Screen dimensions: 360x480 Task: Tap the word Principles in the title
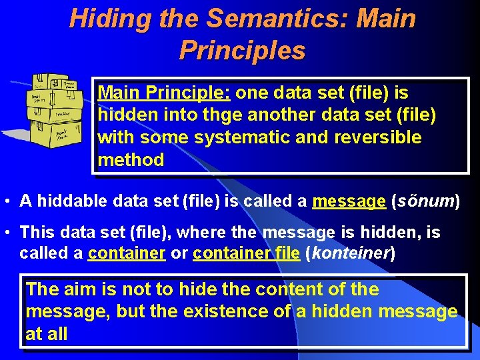click(242, 50)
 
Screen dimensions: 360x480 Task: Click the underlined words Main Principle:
click(164, 93)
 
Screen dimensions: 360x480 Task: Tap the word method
click(131, 160)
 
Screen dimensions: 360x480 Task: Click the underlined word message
click(349, 201)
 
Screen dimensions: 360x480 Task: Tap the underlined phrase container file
click(246, 253)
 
